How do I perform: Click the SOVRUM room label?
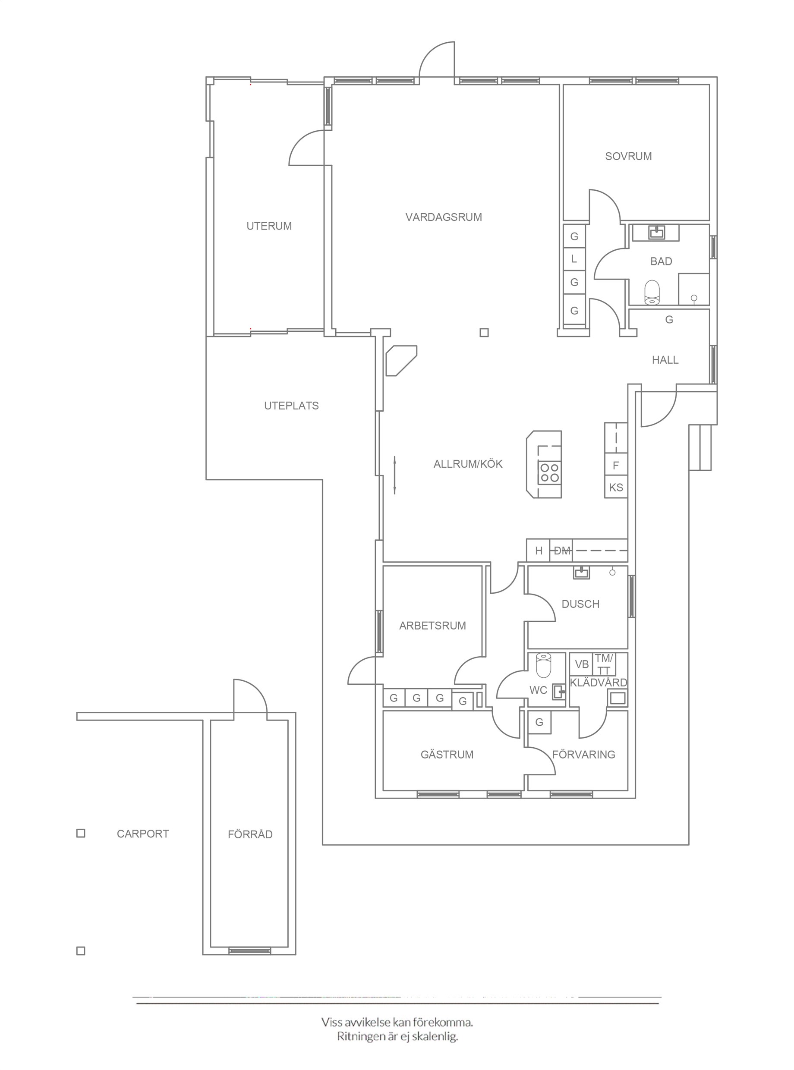628,156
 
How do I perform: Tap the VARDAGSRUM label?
444,217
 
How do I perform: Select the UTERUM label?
269,226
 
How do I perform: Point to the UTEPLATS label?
291,406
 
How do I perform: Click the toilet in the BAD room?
652,293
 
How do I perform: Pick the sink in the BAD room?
656,233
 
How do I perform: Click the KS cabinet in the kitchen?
616,487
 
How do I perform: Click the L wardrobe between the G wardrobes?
574,259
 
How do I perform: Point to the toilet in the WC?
544,665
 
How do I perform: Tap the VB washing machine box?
582,664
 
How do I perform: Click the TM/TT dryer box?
604,664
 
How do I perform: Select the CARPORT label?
143,834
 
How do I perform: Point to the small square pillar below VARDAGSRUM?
484,333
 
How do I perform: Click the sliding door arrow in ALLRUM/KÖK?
394,475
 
